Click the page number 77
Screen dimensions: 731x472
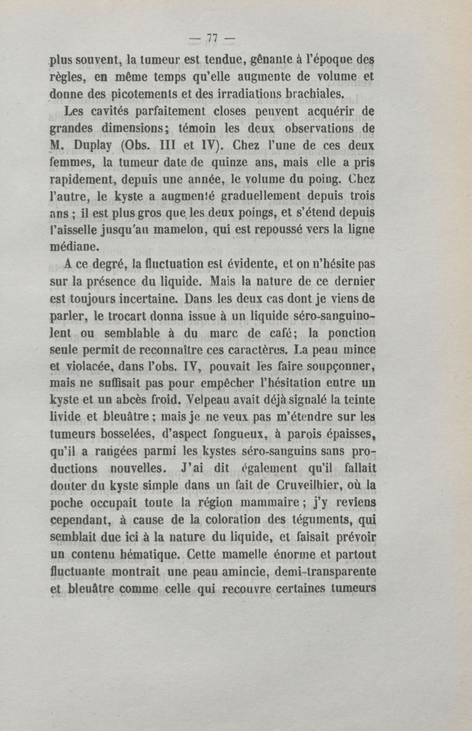pyautogui.click(x=213, y=39)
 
